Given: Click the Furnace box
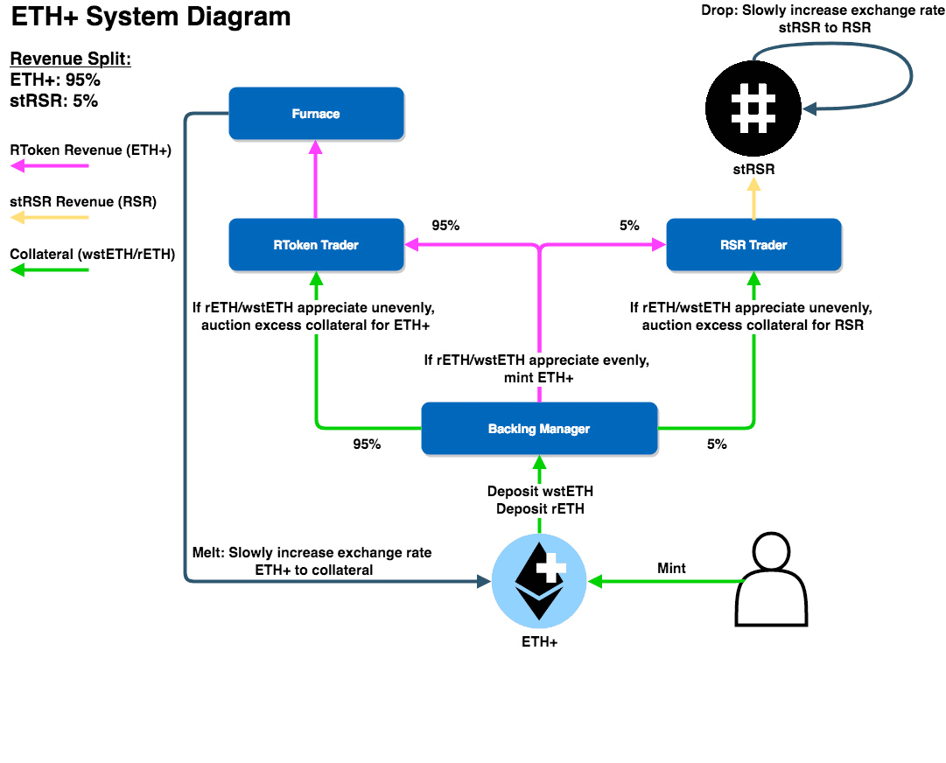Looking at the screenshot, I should pyautogui.click(x=316, y=114).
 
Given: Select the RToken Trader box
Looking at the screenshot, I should pyautogui.click(x=316, y=245).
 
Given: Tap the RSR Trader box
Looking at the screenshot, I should pyautogui.click(x=753, y=245).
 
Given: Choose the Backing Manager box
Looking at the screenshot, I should pyautogui.click(x=539, y=429).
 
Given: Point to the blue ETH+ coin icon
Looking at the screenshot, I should pyautogui.click(x=539, y=581).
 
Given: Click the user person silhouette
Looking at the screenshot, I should pyautogui.click(x=771, y=581).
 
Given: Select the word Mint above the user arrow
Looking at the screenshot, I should pyautogui.click(x=671, y=569).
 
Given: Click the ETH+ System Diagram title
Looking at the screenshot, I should pyautogui.click(x=151, y=17).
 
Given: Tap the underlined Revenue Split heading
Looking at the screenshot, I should pyautogui.click(x=69, y=59).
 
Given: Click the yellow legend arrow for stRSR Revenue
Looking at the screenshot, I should pyautogui.click(x=49, y=218).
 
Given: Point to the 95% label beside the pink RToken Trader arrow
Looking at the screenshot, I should pyautogui.click(x=445, y=225).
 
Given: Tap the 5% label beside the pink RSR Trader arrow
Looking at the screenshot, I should pyautogui.click(x=629, y=225).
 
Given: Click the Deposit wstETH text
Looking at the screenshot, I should pyautogui.click(x=540, y=492).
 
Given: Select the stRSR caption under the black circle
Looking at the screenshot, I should pyautogui.click(x=753, y=169).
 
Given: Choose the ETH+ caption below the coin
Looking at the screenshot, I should pyautogui.click(x=539, y=641).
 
